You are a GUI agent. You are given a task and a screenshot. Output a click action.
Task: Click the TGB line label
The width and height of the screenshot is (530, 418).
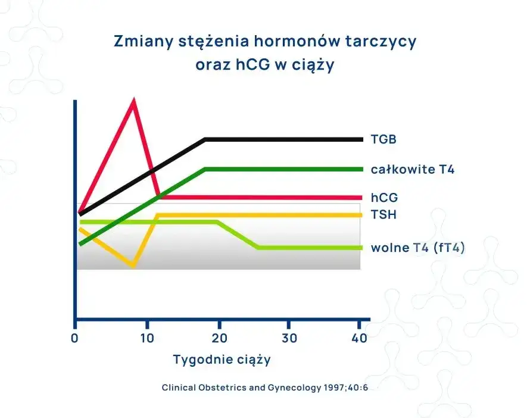pos(384,140)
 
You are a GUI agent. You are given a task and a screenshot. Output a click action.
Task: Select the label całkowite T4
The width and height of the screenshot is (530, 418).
pos(413,170)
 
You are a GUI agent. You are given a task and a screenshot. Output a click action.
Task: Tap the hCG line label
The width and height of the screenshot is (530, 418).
pos(384,198)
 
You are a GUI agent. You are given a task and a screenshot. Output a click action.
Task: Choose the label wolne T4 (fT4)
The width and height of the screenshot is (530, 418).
pos(417,248)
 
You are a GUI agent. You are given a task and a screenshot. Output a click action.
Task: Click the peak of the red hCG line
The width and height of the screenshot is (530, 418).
pos(133,101)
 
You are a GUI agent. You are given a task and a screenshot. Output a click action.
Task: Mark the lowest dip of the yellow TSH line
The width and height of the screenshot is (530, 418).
pos(133,266)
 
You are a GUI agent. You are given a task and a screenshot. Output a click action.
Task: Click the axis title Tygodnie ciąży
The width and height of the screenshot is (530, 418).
pos(222,360)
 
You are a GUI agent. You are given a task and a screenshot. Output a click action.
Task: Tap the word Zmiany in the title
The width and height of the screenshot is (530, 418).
pos(138,42)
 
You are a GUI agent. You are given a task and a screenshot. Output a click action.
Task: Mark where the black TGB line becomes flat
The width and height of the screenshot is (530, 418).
pos(205,139)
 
